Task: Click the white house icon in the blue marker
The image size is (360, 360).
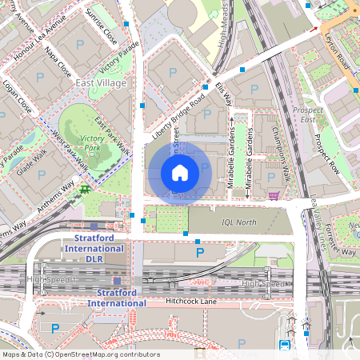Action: pyautogui.click(x=180, y=172)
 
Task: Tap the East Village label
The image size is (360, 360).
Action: pyautogui.click(x=100, y=82)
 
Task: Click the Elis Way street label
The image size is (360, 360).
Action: pyautogui.click(x=224, y=94)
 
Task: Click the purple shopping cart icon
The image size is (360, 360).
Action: pyautogui.click(x=274, y=194)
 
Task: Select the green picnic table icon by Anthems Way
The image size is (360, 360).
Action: pyautogui.click(x=84, y=190)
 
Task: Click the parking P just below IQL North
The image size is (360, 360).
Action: pyautogui.click(x=200, y=252)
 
